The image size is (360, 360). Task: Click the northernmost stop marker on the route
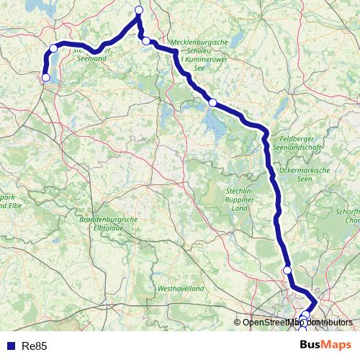[x=139, y=10]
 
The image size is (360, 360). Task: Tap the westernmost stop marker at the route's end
[x=46, y=78]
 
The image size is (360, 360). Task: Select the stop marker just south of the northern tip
[x=146, y=41]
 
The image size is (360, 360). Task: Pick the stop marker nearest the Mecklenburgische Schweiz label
[x=212, y=102]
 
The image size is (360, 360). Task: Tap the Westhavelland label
[x=180, y=288]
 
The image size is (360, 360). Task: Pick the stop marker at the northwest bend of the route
[x=53, y=48]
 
